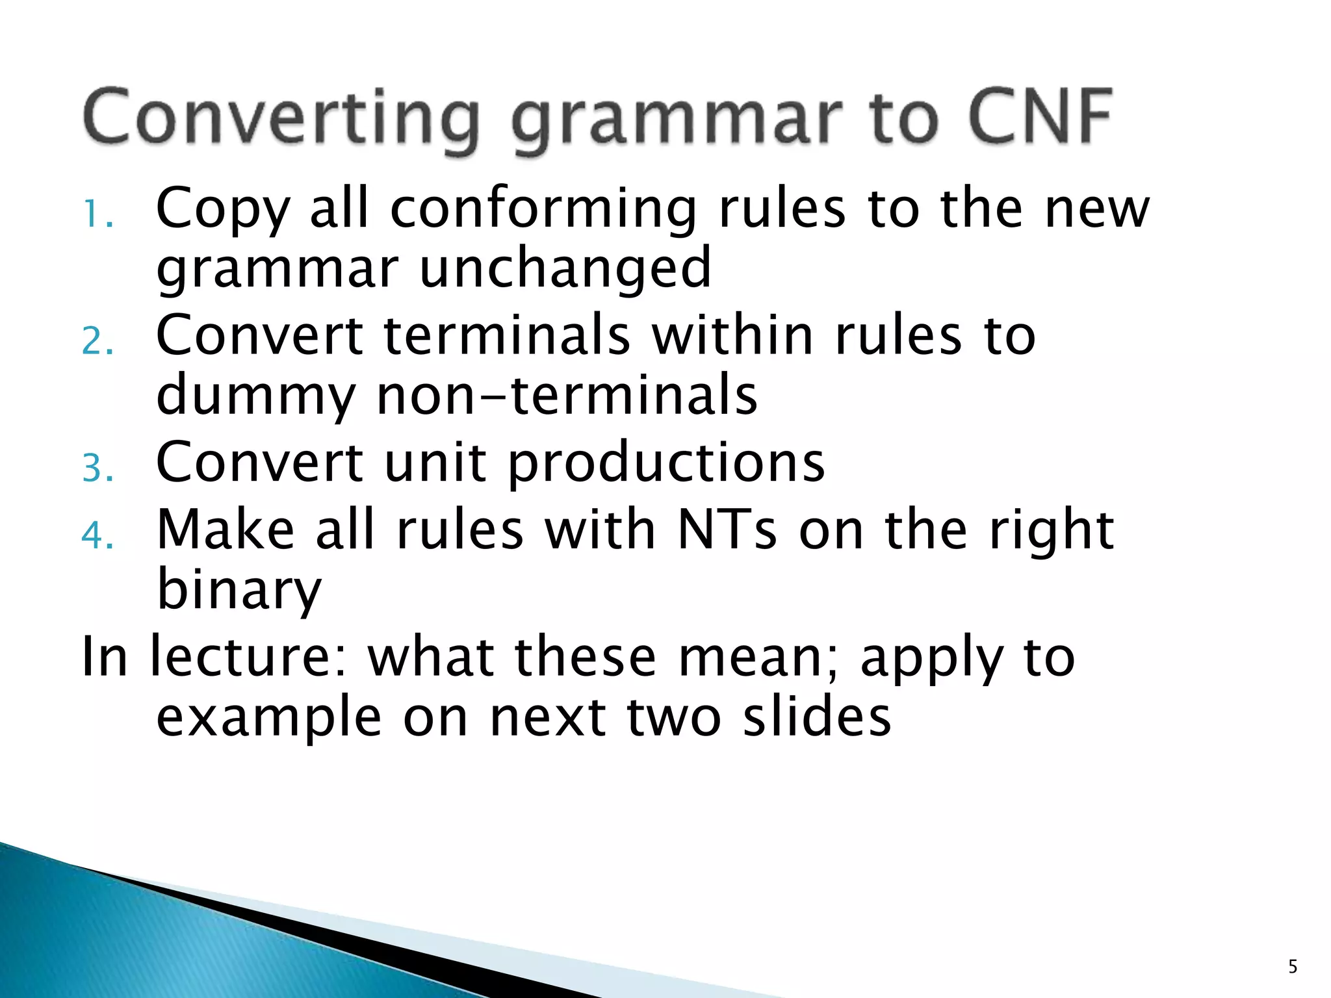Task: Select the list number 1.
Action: pyautogui.click(x=97, y=214)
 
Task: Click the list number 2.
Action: pyautogui.click(x=97, y=341)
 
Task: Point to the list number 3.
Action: pyautogui.click(x=97, y=468)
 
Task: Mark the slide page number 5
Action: pyautogui.click(x=1293, y=967)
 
